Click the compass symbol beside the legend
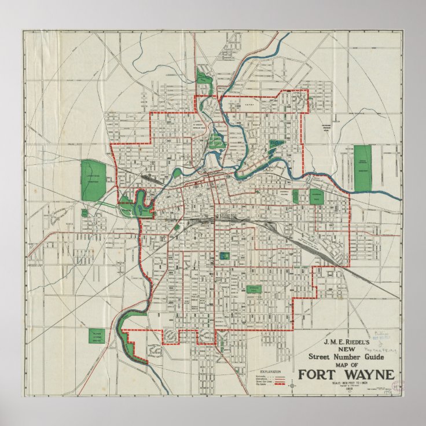pyautogui.click(x=293, y=384)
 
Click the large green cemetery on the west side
pyautogui.click(x=93, y=180)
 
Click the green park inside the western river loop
pyautogui.click(x=140, y=203)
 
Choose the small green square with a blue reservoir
pyautogui.click(x=225, y=255)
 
